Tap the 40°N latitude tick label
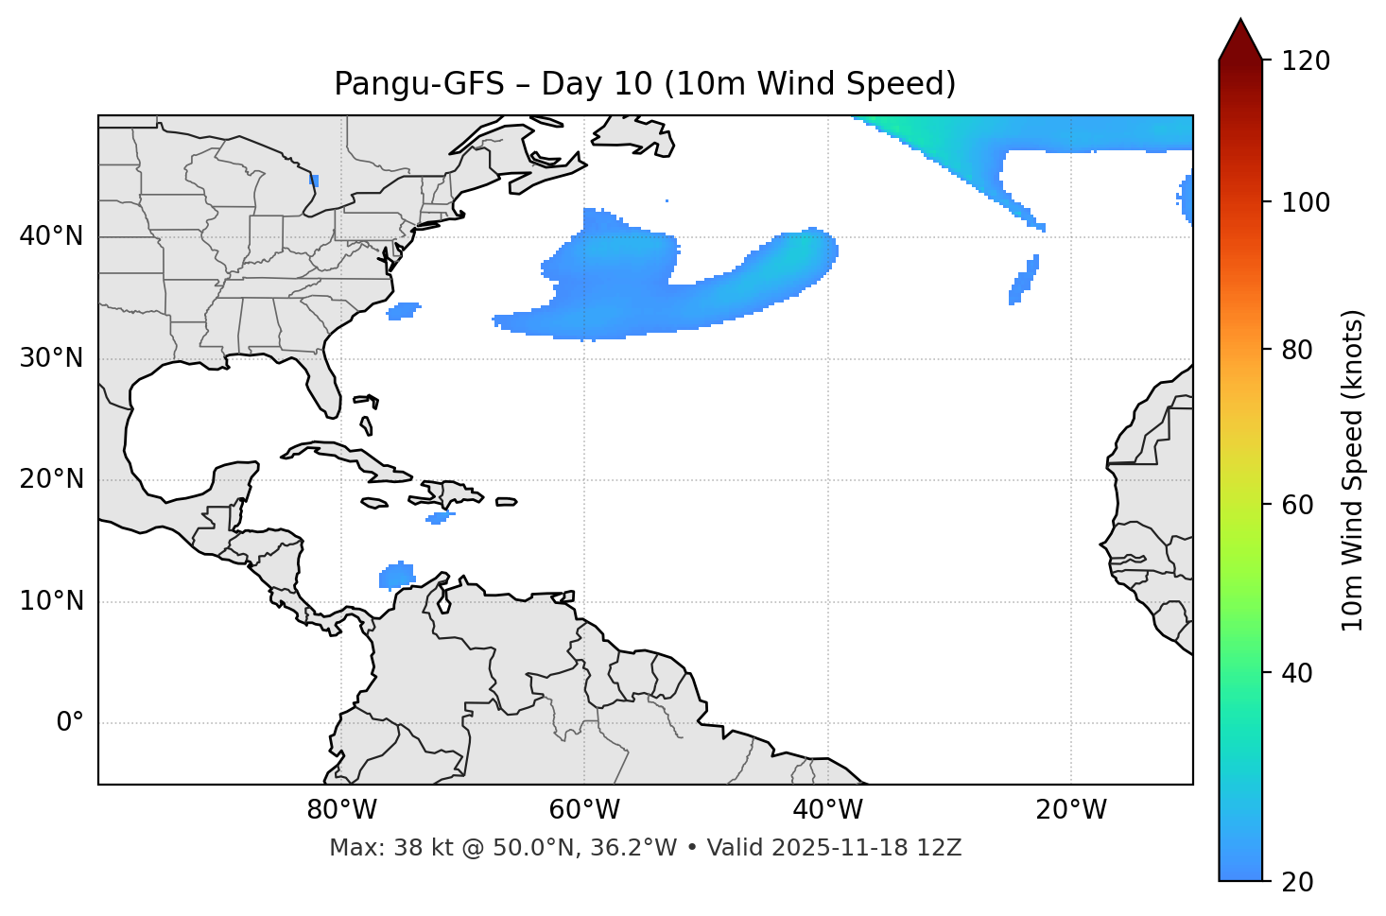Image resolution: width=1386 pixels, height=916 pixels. coord(51,236)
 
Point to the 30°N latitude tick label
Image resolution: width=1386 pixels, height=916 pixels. coord(51,358)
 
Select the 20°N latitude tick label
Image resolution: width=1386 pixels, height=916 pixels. coord(51,479)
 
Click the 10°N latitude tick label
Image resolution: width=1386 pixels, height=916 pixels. coord(51,601)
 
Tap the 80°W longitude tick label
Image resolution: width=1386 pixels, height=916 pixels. coord(341,810)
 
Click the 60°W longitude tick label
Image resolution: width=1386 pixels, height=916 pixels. coord(584,810)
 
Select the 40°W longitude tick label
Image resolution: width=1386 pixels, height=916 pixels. coord(827,810)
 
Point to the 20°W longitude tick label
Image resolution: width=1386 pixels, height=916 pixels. coord(1070,810)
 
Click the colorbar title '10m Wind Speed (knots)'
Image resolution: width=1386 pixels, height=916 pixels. coord(1353,470)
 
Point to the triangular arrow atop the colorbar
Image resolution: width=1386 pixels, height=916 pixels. coord(1240,40)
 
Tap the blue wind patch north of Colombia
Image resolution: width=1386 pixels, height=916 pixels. coord(397,575)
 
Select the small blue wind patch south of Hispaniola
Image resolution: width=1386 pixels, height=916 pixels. coord(439,517)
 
